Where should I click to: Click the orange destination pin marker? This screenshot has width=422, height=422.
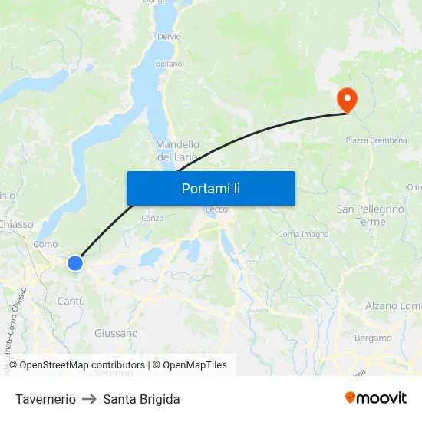[x=347, y=99]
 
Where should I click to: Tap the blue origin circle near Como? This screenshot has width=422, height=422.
[x=75, y=263]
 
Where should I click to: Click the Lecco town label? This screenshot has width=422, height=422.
[x=216, y=209]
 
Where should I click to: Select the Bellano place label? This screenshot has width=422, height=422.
[x=169, y=64]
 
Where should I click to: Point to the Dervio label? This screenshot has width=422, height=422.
[x=169, y=36]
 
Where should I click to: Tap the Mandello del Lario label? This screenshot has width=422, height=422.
[x=178, y=150]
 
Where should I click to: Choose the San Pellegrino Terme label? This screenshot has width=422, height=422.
[x=370, y=215]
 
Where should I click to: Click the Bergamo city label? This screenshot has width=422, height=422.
[x=373, y=338]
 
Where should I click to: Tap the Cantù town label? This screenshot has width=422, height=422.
[x=71, y=301]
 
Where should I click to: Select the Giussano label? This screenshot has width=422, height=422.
[x=116, y=333]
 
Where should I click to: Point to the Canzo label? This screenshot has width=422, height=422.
[x=152, y=218]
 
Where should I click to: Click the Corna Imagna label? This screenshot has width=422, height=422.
[x=303, y=234]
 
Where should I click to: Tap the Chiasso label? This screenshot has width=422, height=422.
[x=17, y=224]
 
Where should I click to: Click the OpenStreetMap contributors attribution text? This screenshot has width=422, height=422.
[x=82, y=365]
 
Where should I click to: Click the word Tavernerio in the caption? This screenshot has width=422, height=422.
[x=45, y=399]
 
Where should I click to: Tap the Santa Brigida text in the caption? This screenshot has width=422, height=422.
[x=141, y=399]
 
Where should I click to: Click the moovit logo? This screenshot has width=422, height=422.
[x=375, y=397]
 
